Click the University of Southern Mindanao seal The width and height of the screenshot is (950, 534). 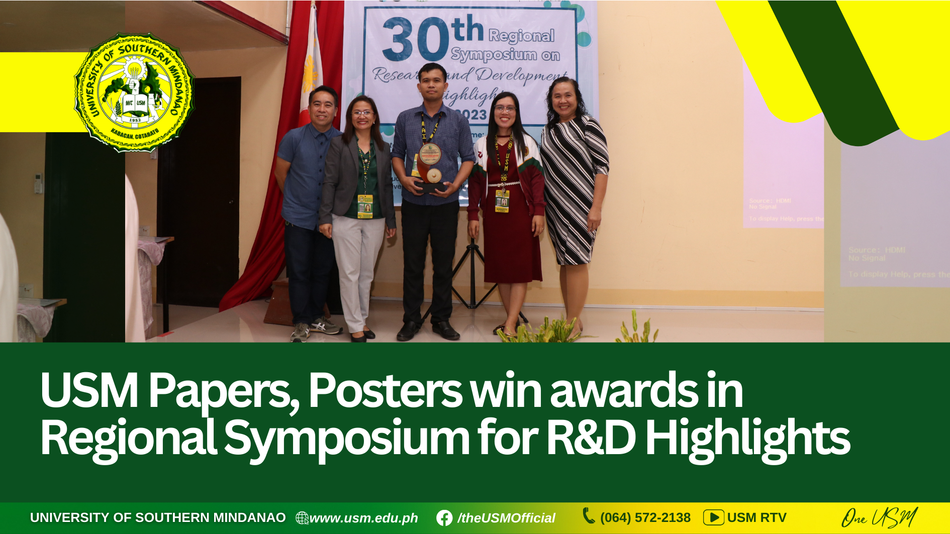pyautogui.click(x=135, y=92)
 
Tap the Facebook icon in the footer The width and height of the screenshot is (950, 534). pyautogui.click(x=444, y=518)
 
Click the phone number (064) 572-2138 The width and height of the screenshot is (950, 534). pyautogui.click(x=645, y=518)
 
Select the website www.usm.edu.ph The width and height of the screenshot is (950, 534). pyautogui.click(x=363, y=518)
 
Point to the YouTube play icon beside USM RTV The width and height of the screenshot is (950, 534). pyautogui.click(x=713, y=517)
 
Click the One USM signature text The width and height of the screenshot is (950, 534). pyautogui.click(x=879, y=517)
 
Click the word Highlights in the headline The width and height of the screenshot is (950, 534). pyautogui.click(x=747, y=439)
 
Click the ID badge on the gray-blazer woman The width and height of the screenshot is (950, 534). pyautogui.click(x=365, y=206)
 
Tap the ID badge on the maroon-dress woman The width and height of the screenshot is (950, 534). pyautogui.click(x=502, y=201)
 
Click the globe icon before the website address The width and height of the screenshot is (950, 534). pyautogui.click(x=302, y=518)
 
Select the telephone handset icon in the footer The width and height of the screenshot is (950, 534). pyautogui.click(x=588, y=515)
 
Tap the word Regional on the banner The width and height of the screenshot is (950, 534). pyautogui.click(x=521, y=36)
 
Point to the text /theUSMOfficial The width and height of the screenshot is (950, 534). pyautogui.click(x=506, y=518)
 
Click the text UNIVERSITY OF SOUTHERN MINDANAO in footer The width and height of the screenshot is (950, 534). pyautogui.click(x=158, y=517)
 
